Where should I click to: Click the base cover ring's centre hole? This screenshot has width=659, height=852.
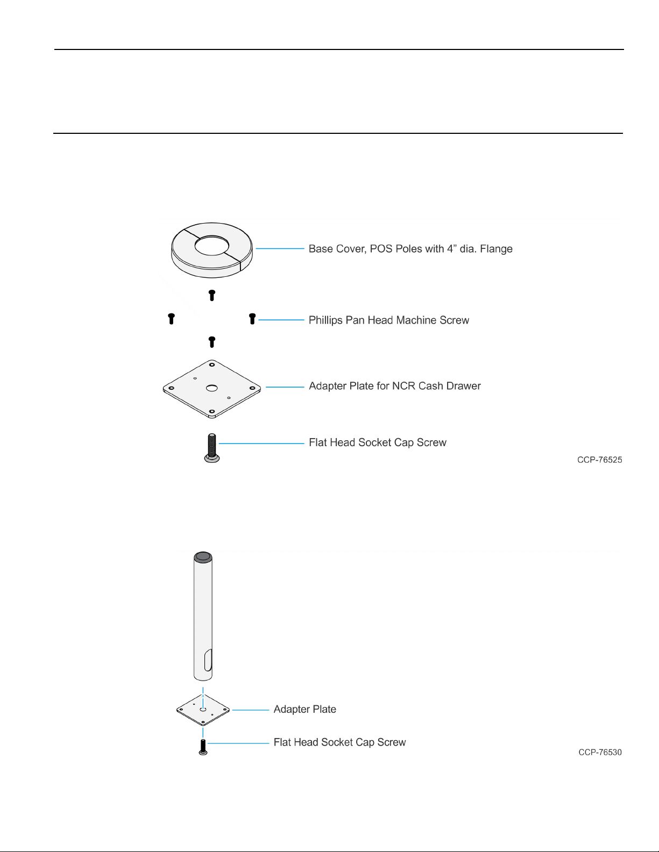point(211,246)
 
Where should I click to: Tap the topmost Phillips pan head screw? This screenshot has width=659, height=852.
point(212,295)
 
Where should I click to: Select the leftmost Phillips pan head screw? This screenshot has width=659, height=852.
point(171,319)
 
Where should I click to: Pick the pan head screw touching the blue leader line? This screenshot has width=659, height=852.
point(252,319)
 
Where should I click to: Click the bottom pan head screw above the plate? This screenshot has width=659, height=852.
point(212,342)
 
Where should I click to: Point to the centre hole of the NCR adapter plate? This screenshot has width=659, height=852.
point(212,388)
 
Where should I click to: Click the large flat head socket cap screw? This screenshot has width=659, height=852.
point(212,448)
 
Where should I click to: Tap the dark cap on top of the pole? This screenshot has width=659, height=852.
point(203,557)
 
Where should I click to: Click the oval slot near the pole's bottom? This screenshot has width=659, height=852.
point(208,660)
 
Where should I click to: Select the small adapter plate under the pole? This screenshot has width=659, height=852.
point(203,710)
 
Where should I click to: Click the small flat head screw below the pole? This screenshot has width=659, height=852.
point(203,747)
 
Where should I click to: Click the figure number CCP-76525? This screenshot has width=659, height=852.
point(599,460)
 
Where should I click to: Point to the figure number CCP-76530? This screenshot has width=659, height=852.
point(600,753)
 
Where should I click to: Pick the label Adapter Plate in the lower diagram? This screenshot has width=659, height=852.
point(305,709)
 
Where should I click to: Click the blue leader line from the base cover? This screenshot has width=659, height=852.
point(280,248)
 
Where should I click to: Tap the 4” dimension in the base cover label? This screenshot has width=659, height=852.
point(452,248)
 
